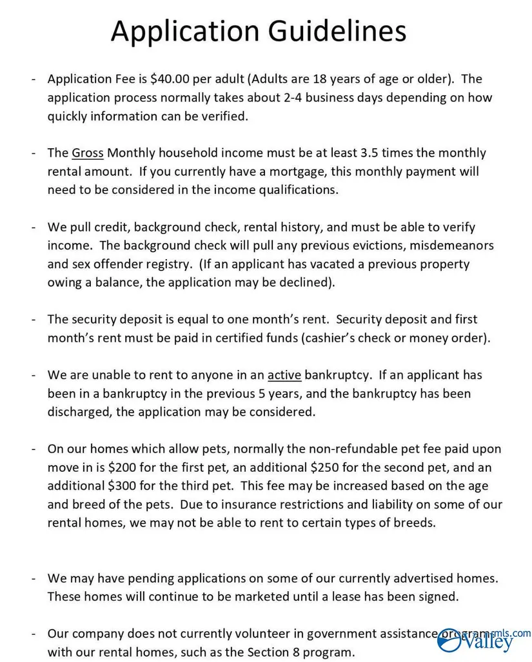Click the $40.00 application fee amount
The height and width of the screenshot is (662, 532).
[171, 79]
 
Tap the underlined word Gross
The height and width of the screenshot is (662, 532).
[88, 153]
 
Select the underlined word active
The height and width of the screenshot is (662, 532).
[284, 375]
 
